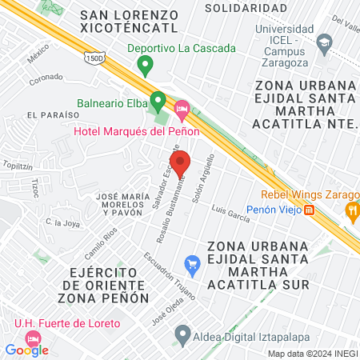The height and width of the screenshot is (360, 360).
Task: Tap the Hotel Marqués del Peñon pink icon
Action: coord(182,106)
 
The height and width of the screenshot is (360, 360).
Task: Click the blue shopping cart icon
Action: coord(192,262)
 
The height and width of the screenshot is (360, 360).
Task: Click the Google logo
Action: coord(26,350)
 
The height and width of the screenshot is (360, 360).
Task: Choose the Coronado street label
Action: coord(46,78)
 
